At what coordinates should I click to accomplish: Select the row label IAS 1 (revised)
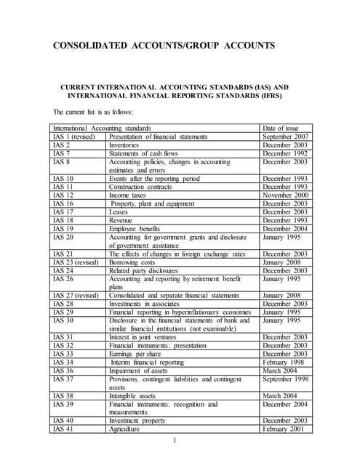pyautogui.click(x=75, y=136)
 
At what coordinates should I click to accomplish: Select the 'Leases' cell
pyautogui.click(x=120, y=212)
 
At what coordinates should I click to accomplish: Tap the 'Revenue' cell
pyautogui.click(x=123, y=220)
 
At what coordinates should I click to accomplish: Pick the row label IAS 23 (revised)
pyautogui.click(x=76, y=262)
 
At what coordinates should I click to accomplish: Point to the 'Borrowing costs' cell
pyautogui.click(x=133, y=262)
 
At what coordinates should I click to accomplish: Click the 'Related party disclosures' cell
pyautogui.click(x=148, y=271)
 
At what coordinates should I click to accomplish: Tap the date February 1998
pyautogui.click(x=285, y=362)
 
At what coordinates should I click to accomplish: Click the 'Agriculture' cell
pyautogui.click(x=124, y=429)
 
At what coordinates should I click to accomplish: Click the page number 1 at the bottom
pyautogui.click(x=175, y=441)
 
